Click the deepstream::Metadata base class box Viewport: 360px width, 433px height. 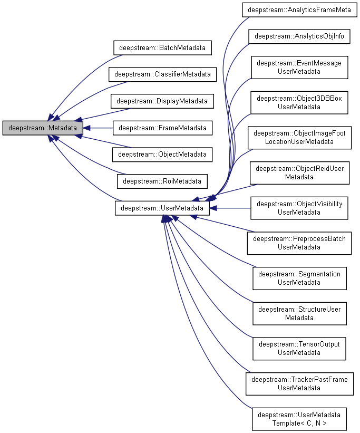tap(43, 128)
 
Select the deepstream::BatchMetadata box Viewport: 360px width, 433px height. tap(163, 47)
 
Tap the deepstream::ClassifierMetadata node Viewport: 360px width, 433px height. tap(163, 74)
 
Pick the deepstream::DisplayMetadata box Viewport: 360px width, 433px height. tap(162, 101)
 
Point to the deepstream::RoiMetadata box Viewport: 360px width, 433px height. tap(162, 181)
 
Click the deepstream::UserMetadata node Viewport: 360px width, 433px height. tap(162, 208)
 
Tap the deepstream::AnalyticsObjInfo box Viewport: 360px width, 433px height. tap(299, 36)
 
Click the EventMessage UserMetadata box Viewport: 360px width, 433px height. tap(299, 67)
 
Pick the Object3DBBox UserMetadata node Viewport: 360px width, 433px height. tap(299, 102)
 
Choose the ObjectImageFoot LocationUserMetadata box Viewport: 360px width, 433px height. tap(299, 138)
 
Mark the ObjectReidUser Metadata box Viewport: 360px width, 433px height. tap(299, 172)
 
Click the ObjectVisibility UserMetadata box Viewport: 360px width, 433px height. tap(299, 208)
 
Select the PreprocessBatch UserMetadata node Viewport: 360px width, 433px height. tap(299, 243)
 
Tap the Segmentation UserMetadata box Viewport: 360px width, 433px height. tap(299, 278)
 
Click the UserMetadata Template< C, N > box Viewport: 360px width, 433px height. tap(299, 418)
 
